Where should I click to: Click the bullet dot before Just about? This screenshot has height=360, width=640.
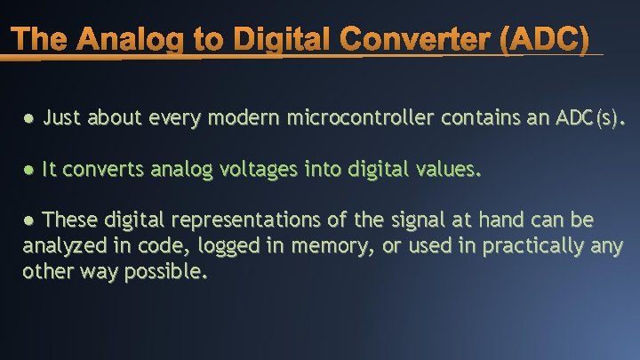(x=29, y=117)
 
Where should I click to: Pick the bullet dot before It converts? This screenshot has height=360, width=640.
(x=29, y=170)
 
